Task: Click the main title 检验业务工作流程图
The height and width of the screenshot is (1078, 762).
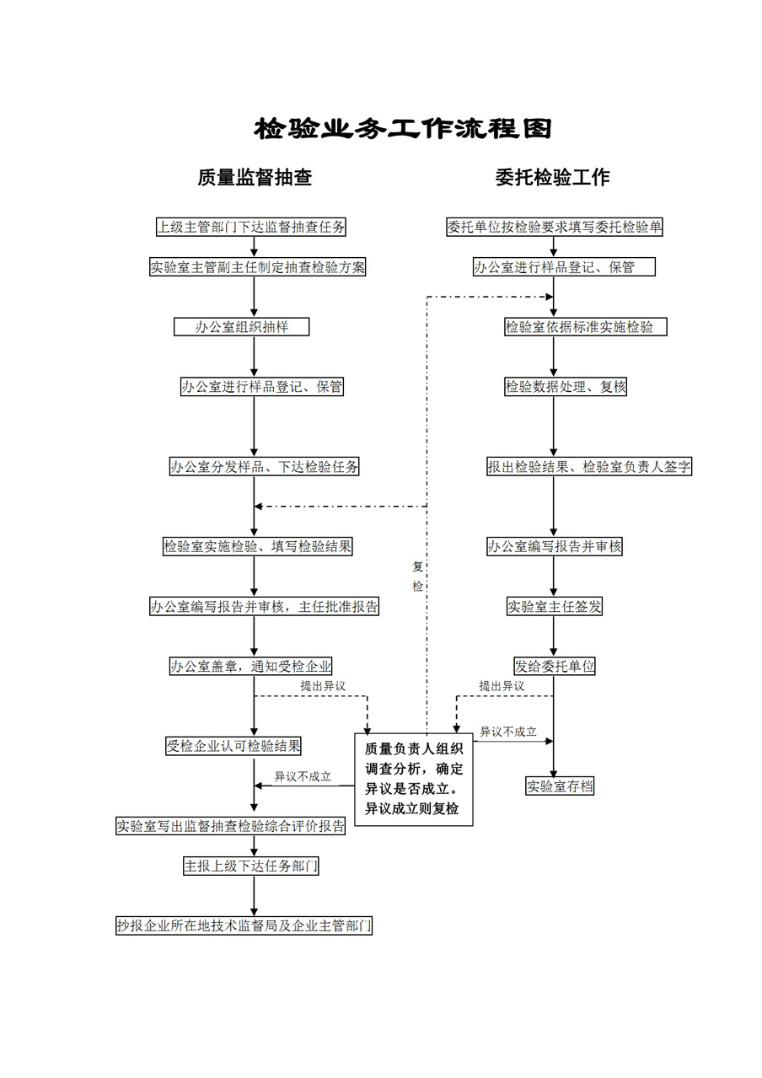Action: [402, 128]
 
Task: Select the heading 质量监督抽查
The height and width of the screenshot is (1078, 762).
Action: [255, 177]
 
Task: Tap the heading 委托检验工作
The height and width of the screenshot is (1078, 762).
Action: [553, 177]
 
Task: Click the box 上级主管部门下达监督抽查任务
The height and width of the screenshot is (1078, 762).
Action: [251, 227]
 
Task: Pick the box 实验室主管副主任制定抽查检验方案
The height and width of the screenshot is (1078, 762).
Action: [258, 267]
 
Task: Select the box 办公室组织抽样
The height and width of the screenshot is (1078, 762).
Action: [242, 327]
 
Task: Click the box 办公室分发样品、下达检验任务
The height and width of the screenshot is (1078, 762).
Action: [265, 466]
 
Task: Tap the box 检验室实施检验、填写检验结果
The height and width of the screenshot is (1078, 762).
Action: [258, 546]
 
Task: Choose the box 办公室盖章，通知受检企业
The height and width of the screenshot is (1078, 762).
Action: [251, 666]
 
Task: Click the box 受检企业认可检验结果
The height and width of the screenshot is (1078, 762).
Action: [233, 746]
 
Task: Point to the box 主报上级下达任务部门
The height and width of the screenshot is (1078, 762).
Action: [251, 866]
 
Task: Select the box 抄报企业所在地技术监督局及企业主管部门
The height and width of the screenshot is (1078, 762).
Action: [244, 925]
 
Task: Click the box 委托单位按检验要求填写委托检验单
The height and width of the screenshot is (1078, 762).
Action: [555, 227]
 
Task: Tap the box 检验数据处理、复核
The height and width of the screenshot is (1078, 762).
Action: [566, 386]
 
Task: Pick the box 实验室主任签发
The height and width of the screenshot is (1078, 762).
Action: [555, 606]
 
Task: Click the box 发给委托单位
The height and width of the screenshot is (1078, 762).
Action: [555, 666]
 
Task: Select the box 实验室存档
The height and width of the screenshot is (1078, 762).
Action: [560, 786]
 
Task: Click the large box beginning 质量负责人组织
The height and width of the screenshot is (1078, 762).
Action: [414, 780]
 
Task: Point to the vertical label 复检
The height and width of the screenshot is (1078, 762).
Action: [418, 577]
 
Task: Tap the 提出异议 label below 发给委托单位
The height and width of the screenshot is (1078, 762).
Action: [502, 686]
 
